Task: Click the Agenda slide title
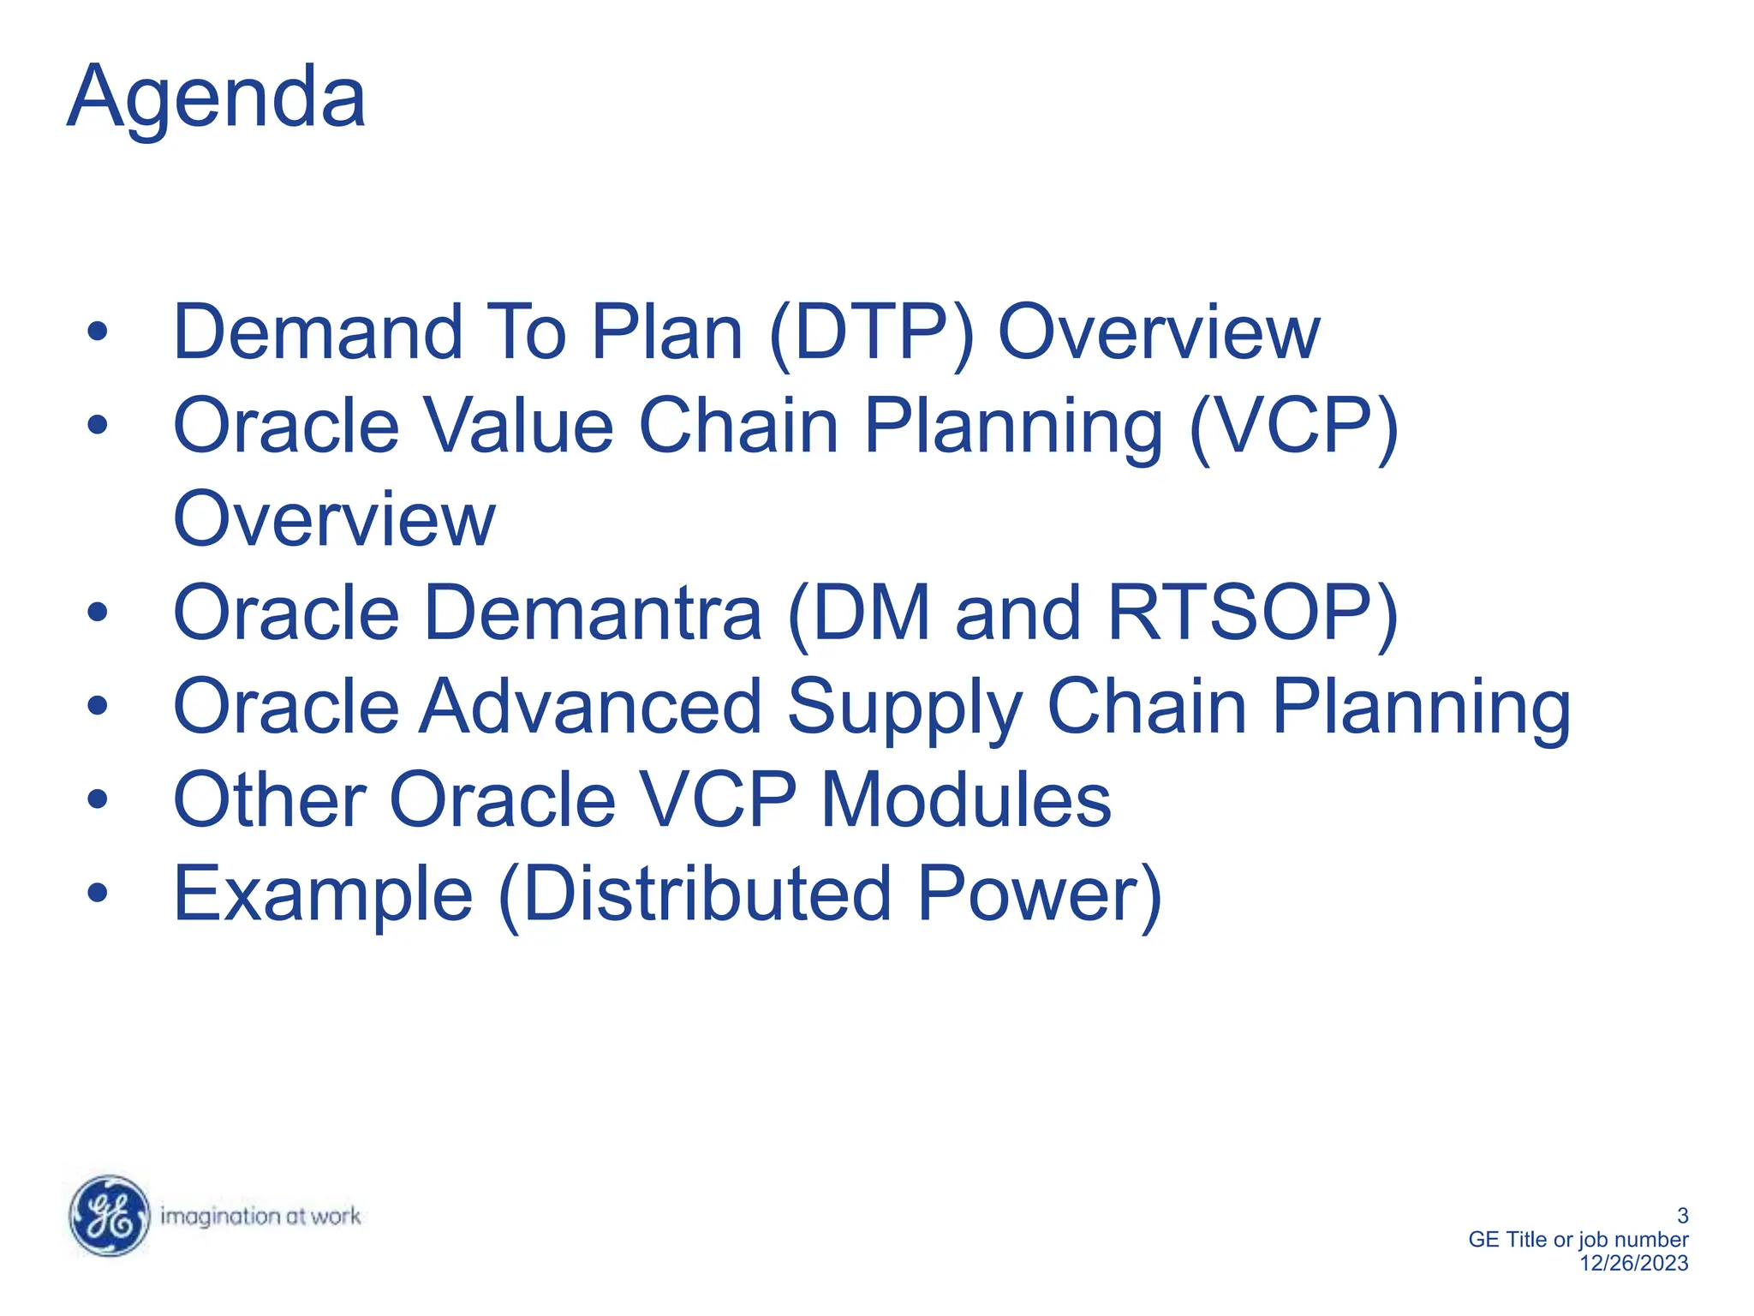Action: [x=216, y=99]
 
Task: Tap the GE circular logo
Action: [x=109, y=1216]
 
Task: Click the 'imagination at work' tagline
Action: [x=260, y=1216]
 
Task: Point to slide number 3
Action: [x=1682, y=1215]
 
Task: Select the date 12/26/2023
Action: [x=1633, y=1263]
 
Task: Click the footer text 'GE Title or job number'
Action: [x=1578, y=1239]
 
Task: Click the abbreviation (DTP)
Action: [x=871, y=333]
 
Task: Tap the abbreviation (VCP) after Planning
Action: [x=1293, y=427]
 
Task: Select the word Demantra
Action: [x=593, y=613]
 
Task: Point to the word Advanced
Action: [x=590, y=707]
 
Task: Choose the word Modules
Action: [x=965, y=800]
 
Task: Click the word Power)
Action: [x=1039, y=894]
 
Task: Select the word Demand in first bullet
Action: [x=318, y=333]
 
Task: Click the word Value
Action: [x=520, y=427]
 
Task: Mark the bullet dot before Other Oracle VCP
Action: [x=98, y=800]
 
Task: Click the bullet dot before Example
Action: [x=98, y=894]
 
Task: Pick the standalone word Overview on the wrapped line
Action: [x=334, y=520]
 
